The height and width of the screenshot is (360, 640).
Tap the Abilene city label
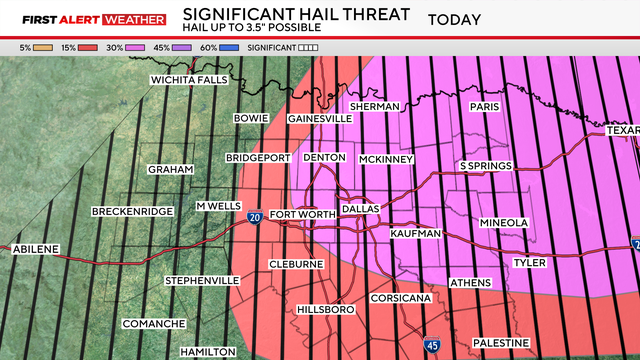(35, 249)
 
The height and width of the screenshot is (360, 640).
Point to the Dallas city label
(361, 209)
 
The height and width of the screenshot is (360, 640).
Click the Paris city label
(487, 106)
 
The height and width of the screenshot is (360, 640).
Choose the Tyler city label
(530, 262)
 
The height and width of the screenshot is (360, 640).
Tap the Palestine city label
(500, 343)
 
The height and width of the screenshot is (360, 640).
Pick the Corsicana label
(400, 298)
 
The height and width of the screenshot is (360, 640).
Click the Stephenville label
(202, 280)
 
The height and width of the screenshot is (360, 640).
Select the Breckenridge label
(132, 211)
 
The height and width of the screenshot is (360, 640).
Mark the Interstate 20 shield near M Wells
(255, 217)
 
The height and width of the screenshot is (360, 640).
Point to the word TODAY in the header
(454, 20)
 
